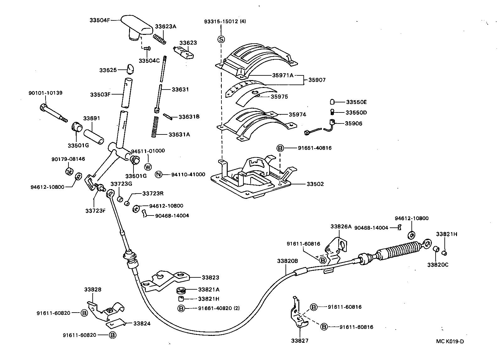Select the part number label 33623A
pyautogui.click(x=165, y=27)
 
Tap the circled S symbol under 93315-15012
pyautogui.click(x=221, y=39)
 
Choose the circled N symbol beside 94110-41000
pyautogui.click(x=159, y=174)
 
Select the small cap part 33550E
pyautogui.click(x=333, y=102)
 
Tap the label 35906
pyautogui.click(x=353, y=123)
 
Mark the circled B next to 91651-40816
pyautogui.click(x=280, y=148)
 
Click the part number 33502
pyautogui.click(x=315, y=184)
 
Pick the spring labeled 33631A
pyautogui.click(x=154, y=126)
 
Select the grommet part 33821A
pyautogui.click(x=181, y=290)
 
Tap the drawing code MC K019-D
pyautogui.click(x=449, y=341)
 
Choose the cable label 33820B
pyautogui.click(x=287, y=261)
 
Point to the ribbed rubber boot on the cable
pyautogui.click(x=399, y=248)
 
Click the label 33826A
pyautogui.click(x=341, y=226)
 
